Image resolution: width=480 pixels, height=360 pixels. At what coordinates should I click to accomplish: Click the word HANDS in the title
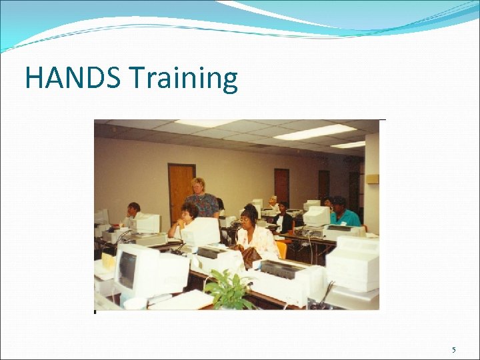(73, 79)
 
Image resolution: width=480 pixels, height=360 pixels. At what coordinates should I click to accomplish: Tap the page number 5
(454, 350)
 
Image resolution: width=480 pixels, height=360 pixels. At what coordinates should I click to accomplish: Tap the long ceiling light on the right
(314, 132)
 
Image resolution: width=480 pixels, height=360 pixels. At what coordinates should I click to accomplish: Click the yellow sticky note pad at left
(107, 261)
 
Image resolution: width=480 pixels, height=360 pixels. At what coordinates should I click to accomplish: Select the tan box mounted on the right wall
(371, 179)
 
